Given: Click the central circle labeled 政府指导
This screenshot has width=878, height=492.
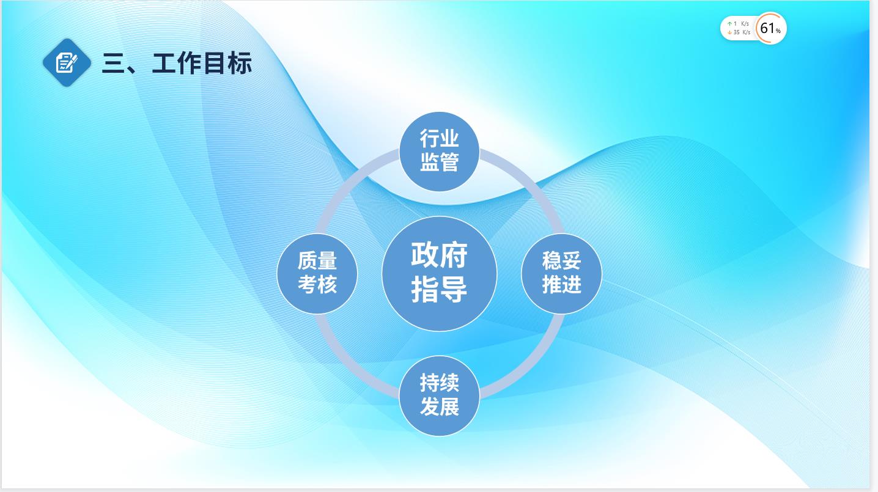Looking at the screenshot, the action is coord(440,273).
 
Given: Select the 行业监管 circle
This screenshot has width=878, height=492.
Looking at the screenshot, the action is coord(440,152).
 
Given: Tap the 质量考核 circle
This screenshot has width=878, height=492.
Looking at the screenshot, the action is coord(317,273).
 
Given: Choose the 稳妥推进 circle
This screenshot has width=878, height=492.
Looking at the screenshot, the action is coord(562,273).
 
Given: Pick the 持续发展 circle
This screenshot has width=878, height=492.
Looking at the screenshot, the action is coord(440,395).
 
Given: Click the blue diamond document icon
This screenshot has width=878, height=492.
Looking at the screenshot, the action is coord(67,63).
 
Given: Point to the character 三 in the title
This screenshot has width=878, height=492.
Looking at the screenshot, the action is coord(113,64).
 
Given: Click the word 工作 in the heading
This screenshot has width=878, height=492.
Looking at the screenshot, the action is coord(176,64).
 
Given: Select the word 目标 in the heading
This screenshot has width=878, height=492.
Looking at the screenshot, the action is coord(227,64).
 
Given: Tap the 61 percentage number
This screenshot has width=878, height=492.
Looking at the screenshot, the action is coord(767,28).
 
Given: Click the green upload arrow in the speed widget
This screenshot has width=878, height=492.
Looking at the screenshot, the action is coord(729,24).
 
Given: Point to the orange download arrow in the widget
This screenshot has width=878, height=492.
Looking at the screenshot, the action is coord(729,32).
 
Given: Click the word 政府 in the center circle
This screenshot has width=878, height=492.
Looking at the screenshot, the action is coord(440,255).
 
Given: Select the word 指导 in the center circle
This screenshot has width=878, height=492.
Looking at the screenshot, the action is coord(440,290).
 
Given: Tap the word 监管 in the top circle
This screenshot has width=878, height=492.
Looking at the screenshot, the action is coord(440,162).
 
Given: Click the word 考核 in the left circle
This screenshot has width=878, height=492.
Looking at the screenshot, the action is coord(317,284).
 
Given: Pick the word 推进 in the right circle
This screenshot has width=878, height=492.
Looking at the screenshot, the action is coord(562,284).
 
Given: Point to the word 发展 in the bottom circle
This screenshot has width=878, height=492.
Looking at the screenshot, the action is coord(440,406).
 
